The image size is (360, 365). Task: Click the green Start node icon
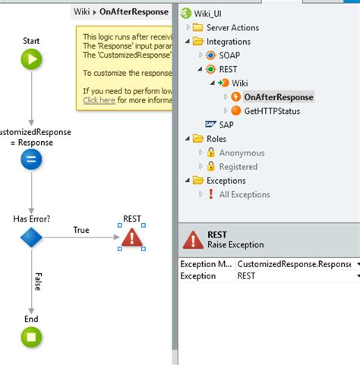pyautogui.click(x=31, y=59)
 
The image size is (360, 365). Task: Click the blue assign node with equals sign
pyautogui.click(x=31, y=159)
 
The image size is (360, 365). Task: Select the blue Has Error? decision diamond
pyautogui.click(x=31, y=238)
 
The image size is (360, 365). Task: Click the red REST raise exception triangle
pyautogui.click(x=132, y=238)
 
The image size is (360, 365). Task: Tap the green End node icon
pyautogui.click(x=31, y=337)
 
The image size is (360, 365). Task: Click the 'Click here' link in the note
pyautogui.click(x=99, y=99)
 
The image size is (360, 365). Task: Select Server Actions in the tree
pyautogui.click(x=232, y=28)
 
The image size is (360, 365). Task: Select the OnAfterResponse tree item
pyautogui.click(x=278, y=97)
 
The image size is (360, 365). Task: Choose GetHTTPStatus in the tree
pyautogui.click(x=272, y=111)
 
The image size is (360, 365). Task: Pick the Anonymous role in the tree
pyautogui.click(x=242, y=153)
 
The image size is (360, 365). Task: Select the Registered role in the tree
pyautogui.click(x=238, y=166)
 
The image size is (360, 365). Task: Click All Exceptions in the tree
pyautogui.click(x=244, y=194)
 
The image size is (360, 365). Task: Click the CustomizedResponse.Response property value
pyautogui.click(x=292, y=263)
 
